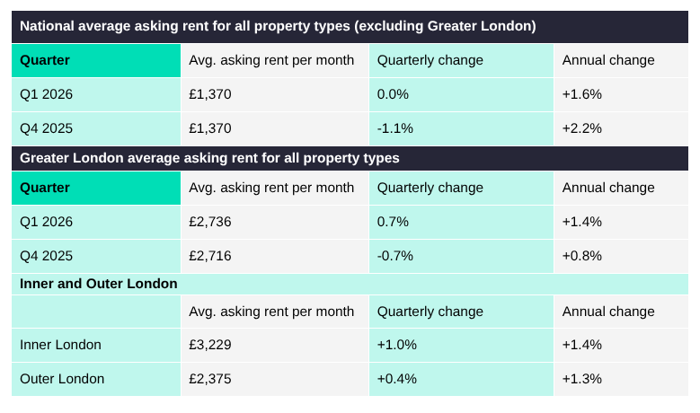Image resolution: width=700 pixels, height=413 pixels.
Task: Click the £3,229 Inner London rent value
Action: click(210, 345)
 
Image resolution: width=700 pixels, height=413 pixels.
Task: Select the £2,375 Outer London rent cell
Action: click(210, 379)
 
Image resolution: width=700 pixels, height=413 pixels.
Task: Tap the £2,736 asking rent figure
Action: click(210, 222)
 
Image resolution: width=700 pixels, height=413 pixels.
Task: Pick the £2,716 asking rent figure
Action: click(210, 256)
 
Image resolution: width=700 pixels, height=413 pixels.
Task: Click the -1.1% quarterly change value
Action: click(395, 128)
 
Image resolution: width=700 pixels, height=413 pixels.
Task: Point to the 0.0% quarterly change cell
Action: click(394, 94)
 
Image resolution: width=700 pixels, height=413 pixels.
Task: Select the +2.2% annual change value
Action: click(581, 128)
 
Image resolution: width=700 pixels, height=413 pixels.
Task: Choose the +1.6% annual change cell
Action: click(581, 94)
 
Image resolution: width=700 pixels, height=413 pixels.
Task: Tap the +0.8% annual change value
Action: click(581, 256)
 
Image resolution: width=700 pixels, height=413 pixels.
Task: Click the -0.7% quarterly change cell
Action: click(395, 256)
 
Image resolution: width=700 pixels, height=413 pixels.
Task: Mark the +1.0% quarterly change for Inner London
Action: click(397, 345)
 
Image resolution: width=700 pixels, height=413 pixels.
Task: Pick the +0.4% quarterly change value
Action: click(397, 379)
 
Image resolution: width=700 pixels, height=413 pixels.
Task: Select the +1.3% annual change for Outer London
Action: click(581, 379)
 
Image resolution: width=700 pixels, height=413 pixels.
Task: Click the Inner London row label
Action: click(60, 345)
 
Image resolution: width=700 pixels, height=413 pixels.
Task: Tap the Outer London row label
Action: click(62, 379)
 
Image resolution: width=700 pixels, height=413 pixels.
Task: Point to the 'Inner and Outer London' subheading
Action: click(99, 284)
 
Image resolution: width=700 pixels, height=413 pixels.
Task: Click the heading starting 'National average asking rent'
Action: click(278, 26)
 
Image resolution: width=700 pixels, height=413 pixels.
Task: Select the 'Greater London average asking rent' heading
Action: click(209, 158)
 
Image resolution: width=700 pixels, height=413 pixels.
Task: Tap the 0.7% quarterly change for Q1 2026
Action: click(394, 222)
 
